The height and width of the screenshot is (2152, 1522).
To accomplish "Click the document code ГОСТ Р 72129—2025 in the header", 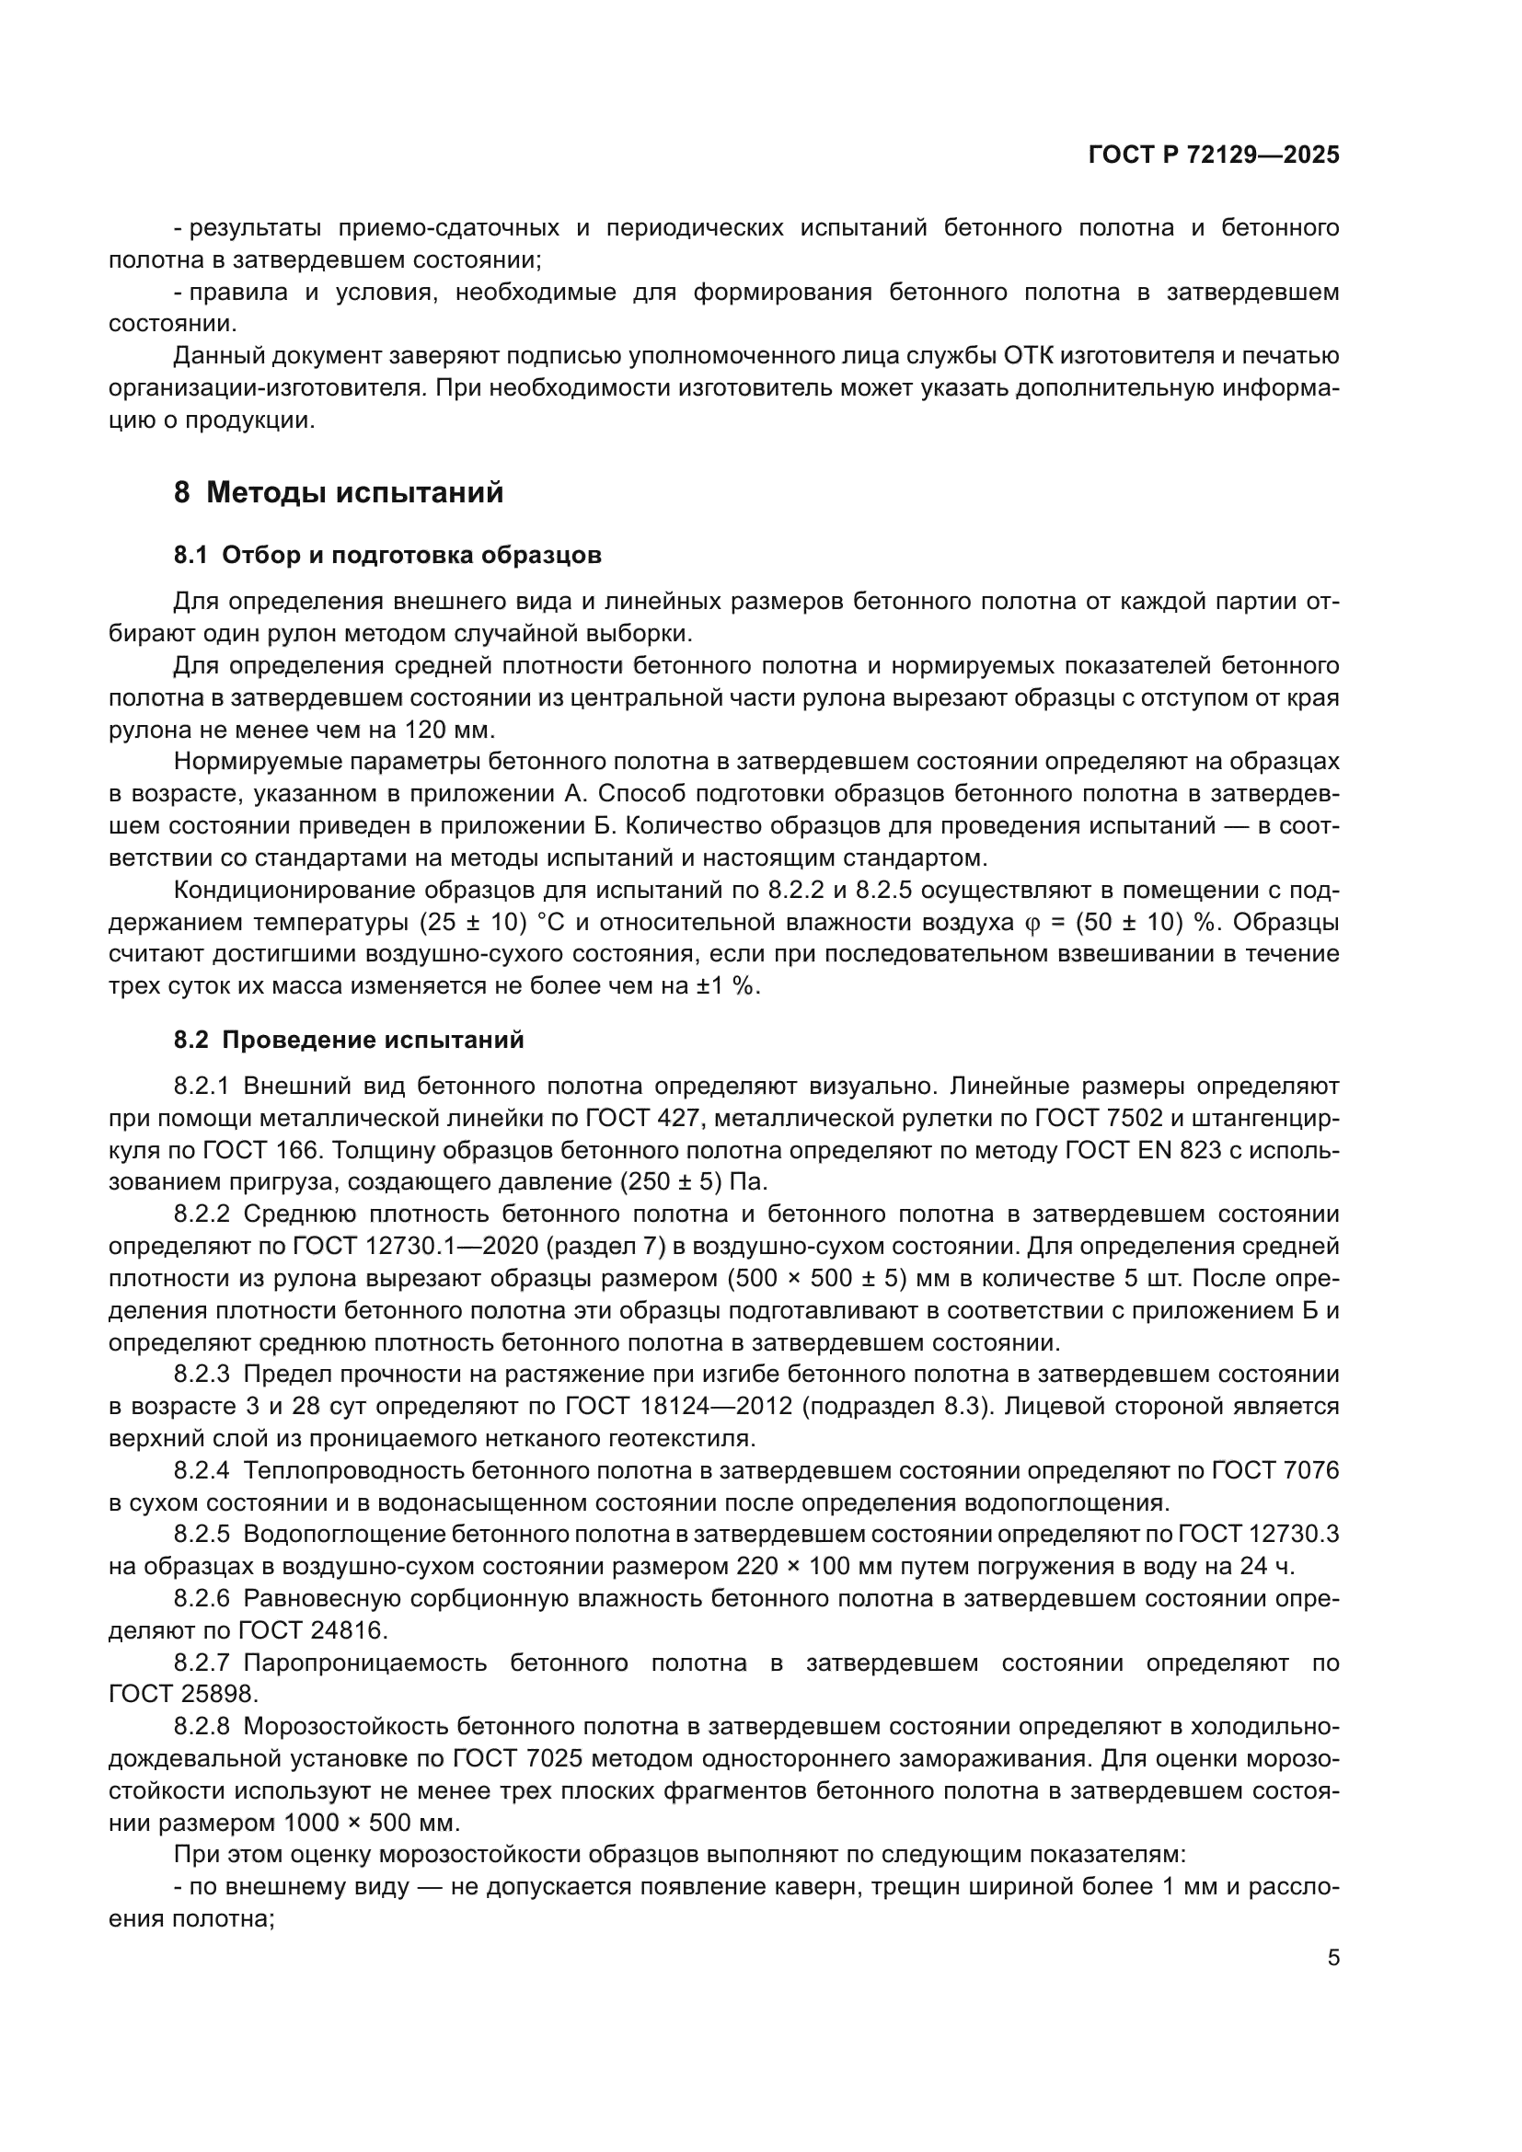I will [1214, 155].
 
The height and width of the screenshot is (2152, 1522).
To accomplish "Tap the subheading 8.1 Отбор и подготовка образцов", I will [387, 555].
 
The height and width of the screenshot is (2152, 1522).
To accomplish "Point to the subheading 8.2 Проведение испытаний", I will [349, 1040].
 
